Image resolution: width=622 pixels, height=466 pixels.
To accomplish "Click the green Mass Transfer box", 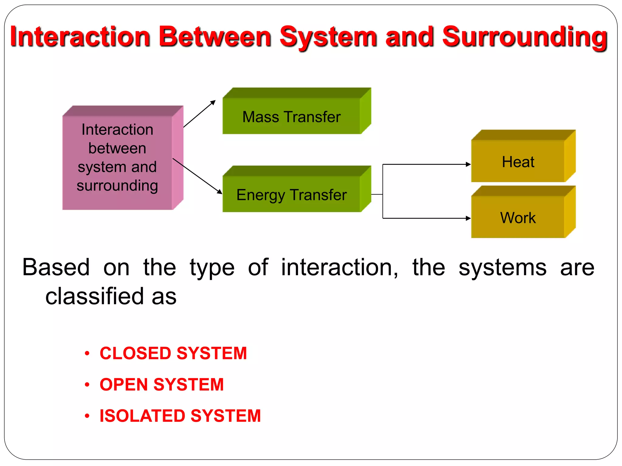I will [x=292, y=116].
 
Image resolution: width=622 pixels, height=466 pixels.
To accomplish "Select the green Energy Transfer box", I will [x=292, y=194].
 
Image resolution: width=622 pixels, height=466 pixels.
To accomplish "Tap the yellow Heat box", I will [x=518, y=161].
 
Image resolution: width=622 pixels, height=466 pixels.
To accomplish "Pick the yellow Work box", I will [x=518, y=217].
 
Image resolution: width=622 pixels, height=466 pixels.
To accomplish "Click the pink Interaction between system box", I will [x=117, y=158].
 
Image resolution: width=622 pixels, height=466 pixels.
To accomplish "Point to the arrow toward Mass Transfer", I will [x=200, y=113].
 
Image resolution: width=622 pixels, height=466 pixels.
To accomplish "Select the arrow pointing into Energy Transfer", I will [x=197, y=176].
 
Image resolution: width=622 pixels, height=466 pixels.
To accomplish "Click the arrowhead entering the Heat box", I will [x=468, y=164].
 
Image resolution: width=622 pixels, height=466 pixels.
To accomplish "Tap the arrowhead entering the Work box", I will [x=468, y=218].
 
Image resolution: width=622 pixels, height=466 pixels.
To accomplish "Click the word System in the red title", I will [x=328, y=37].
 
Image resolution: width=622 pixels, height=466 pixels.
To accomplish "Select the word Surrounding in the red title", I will [x=525, y=37].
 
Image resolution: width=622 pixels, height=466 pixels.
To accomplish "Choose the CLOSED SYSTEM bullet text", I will [x=173, y=353].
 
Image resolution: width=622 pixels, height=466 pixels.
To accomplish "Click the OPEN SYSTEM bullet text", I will [x=162, y=385].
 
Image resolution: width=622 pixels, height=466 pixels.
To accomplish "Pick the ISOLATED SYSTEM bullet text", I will [x=180, y=416].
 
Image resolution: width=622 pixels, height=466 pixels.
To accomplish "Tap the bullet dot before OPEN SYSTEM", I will [x=87, y=385].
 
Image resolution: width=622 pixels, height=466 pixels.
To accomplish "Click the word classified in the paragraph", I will [x=94, y=296].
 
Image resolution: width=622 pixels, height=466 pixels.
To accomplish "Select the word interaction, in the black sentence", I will [x=339, y=268].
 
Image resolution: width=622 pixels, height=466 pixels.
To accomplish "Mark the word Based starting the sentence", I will [x=56, y=268].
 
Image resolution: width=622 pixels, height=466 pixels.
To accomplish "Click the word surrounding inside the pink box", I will [x=117, y=186].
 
